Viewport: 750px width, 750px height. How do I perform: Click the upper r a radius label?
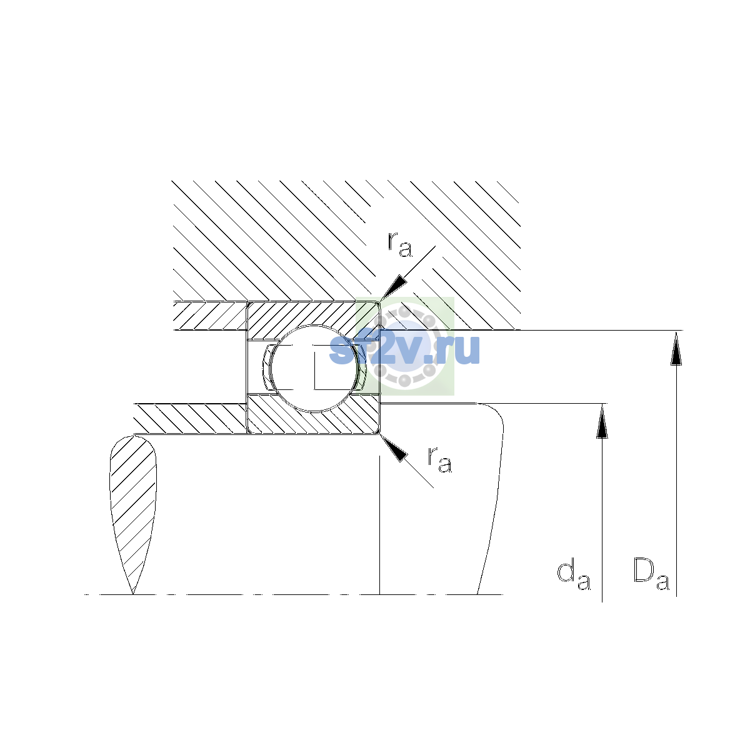click(x=399, y=244)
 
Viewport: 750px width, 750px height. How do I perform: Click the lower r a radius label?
click(x=440, y=459)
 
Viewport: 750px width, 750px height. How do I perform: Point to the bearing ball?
click(x=314, y=368)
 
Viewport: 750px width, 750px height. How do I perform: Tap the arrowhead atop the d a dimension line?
click(x=602, y=421)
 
